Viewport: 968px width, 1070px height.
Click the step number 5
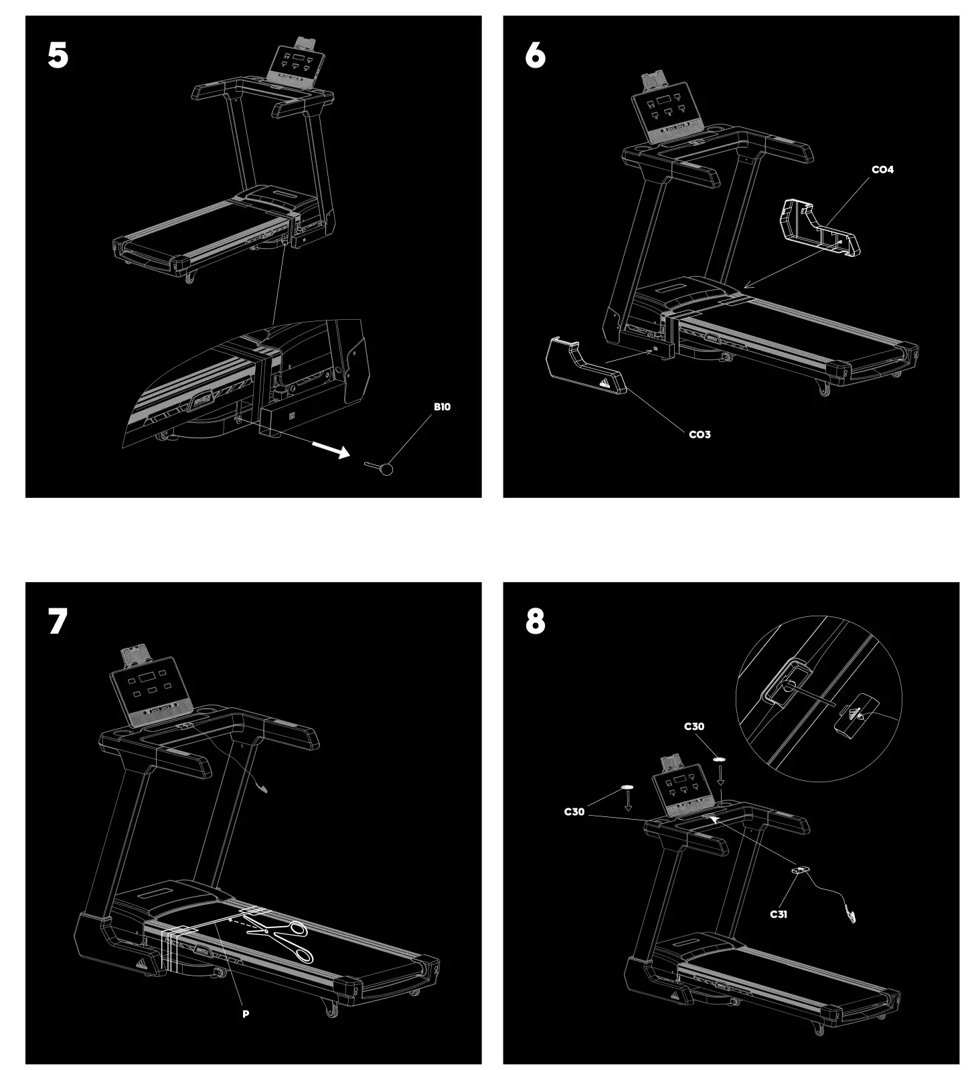(x=58, y=56)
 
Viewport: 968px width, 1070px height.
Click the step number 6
(x=535, y=56)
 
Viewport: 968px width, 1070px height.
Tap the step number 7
(x=58, y=622)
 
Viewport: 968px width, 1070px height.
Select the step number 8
(x=535, y=622)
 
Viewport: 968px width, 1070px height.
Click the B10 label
(x=442, y=407)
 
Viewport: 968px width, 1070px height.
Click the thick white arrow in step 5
(x=332, y=450)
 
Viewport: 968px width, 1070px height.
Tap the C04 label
(x=882, y=170)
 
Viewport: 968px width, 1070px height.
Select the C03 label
(x=700, y=435)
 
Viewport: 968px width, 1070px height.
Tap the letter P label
(x=246, y=1014)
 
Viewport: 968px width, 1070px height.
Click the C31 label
(x=778, y=914)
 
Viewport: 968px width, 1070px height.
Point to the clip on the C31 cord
(x=852, y=914)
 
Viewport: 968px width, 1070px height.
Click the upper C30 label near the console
(x=694, y=727)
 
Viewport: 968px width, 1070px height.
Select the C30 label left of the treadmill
(x=574, y=812)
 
